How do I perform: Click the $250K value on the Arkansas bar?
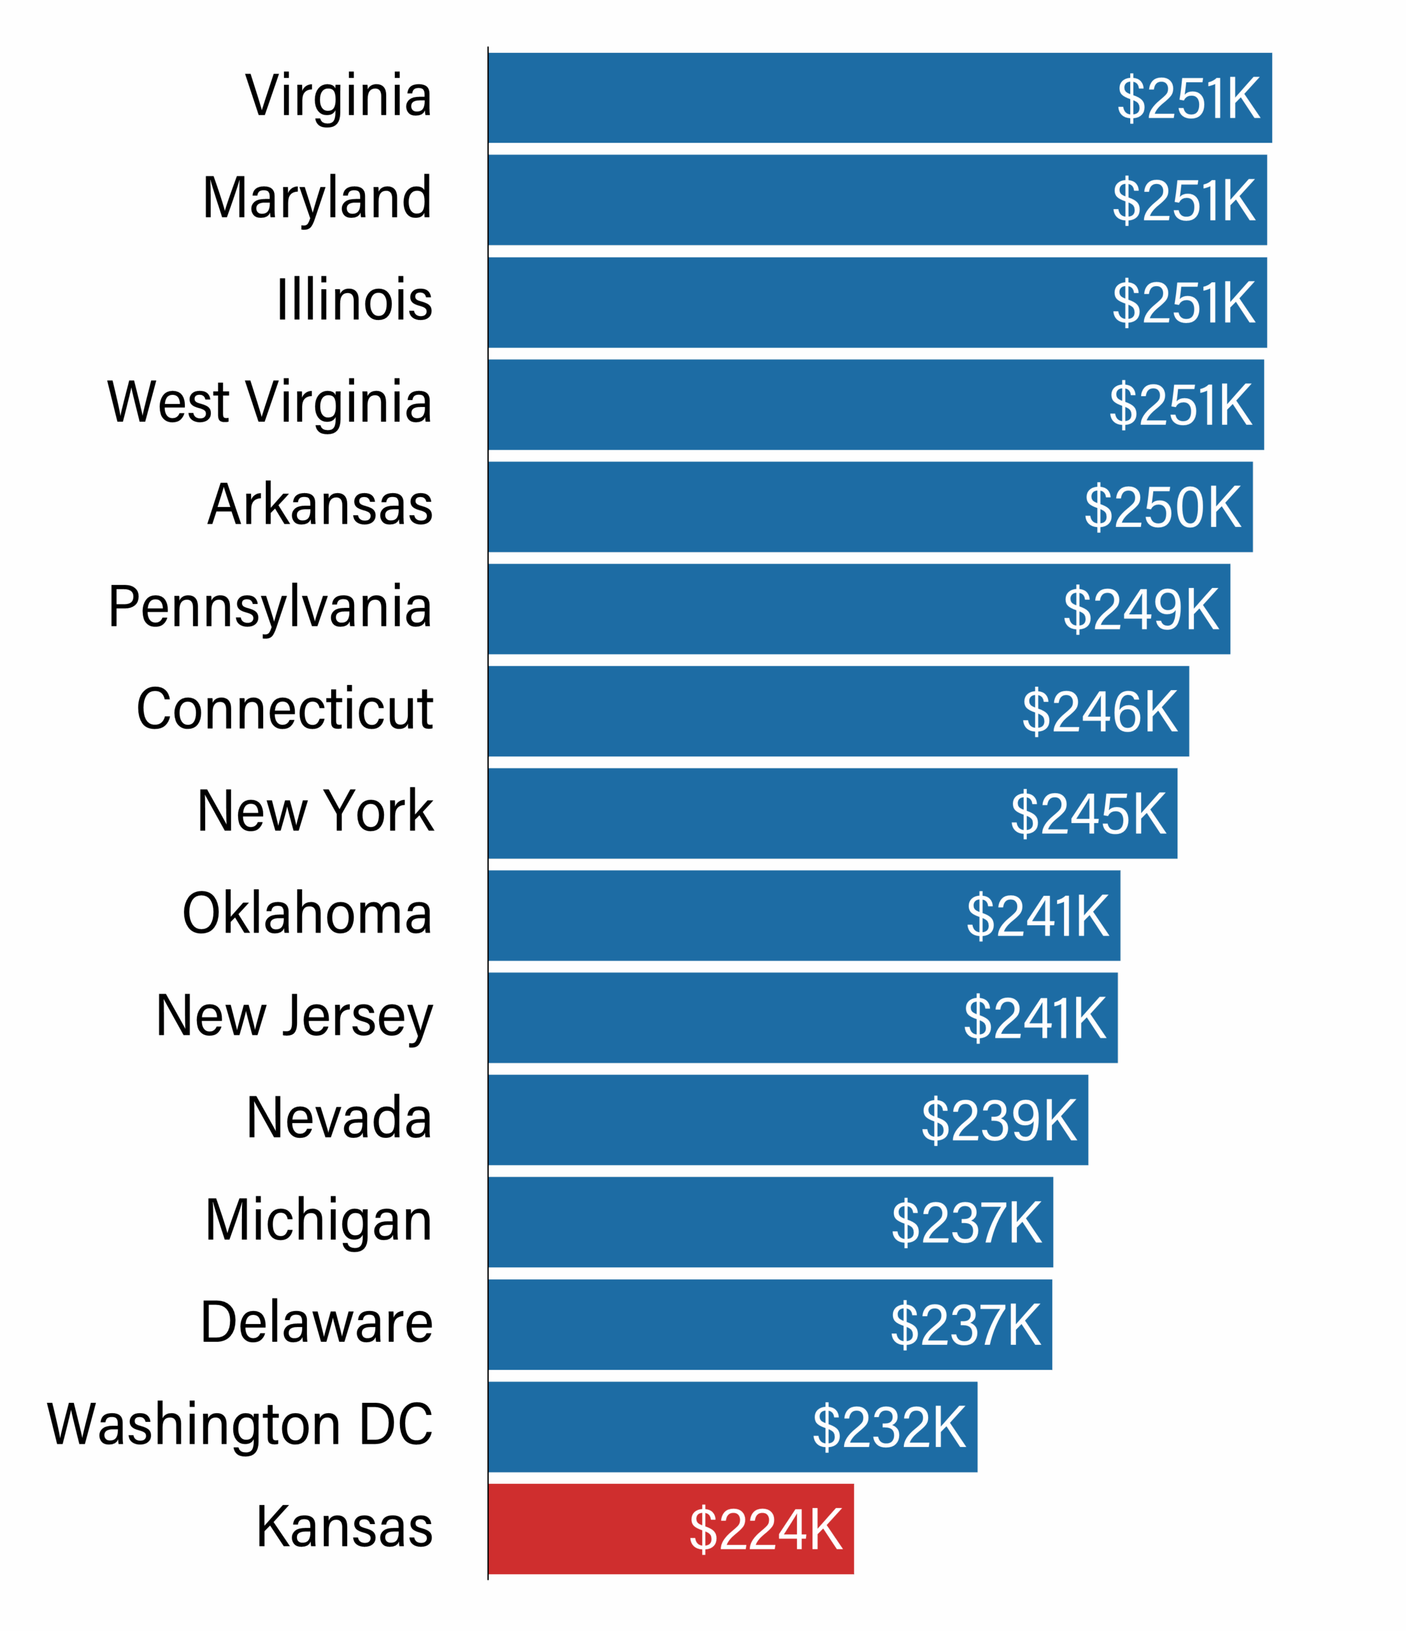coord(1162,507)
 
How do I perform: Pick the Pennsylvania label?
coord(270,608)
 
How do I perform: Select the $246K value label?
coord(1099,712)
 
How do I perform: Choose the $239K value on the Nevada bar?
coord(998,1120)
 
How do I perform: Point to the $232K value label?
coord(889,1427)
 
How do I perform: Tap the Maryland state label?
coord(317,198)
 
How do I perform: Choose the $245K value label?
coord(1088,813)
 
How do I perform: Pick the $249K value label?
coord(1141,609)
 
